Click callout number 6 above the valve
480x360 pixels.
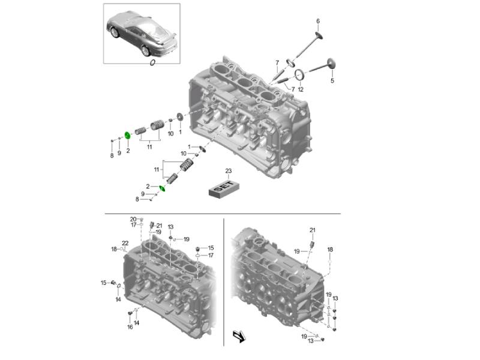coord(318,21)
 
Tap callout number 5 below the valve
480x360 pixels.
coord(332,80)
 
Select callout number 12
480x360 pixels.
coord(301,89)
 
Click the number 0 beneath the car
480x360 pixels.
coord(152,61)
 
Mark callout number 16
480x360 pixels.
coord(130,327)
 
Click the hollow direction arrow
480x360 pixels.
coord(239,337)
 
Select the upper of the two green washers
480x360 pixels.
coord(127,135)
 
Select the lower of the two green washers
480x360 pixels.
coord(161,190)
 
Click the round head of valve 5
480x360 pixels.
coord(332,63)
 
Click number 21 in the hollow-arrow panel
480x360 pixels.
coord(312,230)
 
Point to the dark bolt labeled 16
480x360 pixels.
coord(130,314)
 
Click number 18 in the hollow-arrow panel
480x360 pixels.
coord(330,249)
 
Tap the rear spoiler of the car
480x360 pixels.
coord(171,37)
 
